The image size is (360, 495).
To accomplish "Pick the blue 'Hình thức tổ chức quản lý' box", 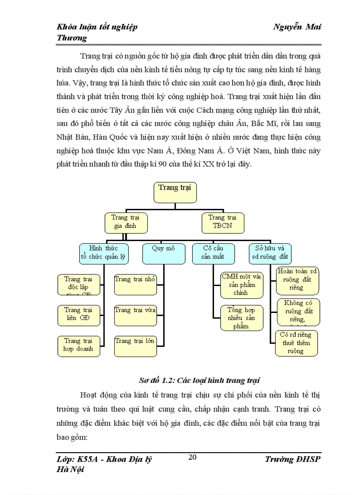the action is click(x=104, y=253).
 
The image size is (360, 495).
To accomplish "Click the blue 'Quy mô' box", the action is click(x=163, y=253).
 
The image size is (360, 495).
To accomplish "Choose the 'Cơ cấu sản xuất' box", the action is click(x=213, y=253).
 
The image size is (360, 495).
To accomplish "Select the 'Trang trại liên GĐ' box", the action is click(x=79, y=315).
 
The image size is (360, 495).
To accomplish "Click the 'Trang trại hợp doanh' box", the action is click(x=79, y=346).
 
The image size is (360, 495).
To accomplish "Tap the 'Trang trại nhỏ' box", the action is click(x=135, y=284).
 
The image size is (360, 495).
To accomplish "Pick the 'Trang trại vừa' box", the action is click(x=135, y=315).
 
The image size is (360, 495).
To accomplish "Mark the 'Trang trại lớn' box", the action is click(x=135, y=346).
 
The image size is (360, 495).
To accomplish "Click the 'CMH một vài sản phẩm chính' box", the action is click(x=241, y=285).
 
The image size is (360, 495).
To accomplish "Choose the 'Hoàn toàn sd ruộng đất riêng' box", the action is click(x=297, y=280).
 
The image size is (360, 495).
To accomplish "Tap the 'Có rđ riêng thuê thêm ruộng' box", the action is click(x=296, y=343).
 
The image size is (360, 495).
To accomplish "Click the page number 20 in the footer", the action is click(x=192, y=457).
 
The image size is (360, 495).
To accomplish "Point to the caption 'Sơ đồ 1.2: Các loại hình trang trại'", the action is click(x=199, y=380).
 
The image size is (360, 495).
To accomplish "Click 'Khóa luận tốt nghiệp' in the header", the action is click(x=97, y=27).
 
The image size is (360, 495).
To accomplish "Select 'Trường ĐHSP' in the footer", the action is click(x=293, y=460).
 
